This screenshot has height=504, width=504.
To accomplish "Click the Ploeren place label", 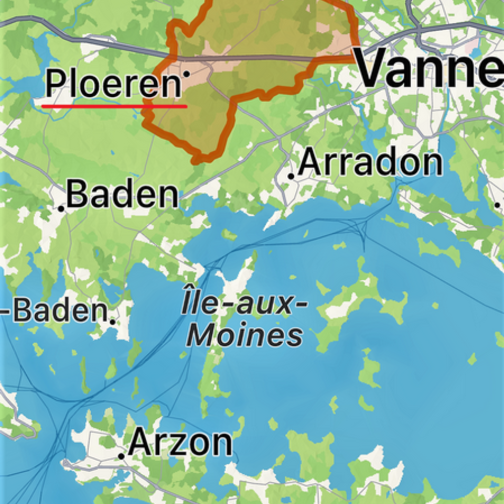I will click(x=113, y=84).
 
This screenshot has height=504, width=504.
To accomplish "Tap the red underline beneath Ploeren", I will click(x=114, y=106).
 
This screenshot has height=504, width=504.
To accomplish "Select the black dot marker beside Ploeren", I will click(x=186, y=74).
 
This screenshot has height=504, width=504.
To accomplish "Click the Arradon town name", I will click(x=370, y=163).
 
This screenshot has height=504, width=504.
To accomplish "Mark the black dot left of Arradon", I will click(x=291, y=176).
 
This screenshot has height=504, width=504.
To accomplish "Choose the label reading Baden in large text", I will click(x=122, y=195).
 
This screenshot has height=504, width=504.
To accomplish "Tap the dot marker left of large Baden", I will click(x=61, y=208).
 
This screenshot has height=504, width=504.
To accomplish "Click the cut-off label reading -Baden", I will click(x=53, y=311).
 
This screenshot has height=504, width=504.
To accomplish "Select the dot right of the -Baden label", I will click(x=112, y=320).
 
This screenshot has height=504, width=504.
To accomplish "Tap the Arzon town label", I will click(x=180, y=443).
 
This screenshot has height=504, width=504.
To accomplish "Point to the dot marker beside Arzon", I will click(x=121, y=456).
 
